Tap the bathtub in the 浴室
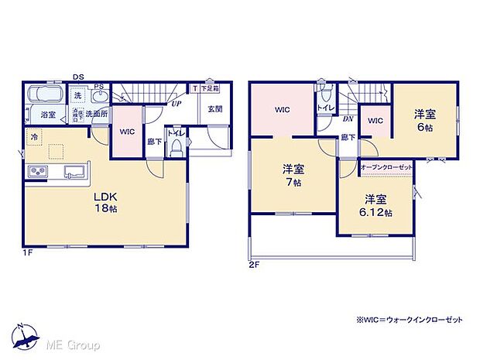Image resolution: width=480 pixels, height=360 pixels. pos(46,97)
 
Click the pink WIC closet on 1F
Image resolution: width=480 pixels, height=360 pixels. pos(126,132)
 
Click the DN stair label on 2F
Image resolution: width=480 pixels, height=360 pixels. pos(348,120)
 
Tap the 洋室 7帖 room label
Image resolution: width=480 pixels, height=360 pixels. pos(292,174)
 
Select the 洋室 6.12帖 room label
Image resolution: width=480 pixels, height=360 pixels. pos(375,204)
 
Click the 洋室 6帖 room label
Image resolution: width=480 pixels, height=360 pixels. pos(423,117)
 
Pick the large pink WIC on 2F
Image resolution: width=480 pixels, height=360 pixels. pos(282,110)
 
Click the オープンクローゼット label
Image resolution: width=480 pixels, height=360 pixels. pos(386,167)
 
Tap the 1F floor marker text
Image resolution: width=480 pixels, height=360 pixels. pos(28,252)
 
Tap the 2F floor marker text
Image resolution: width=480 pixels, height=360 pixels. pos(255,264)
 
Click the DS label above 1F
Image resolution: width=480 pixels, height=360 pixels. pos(79,77)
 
